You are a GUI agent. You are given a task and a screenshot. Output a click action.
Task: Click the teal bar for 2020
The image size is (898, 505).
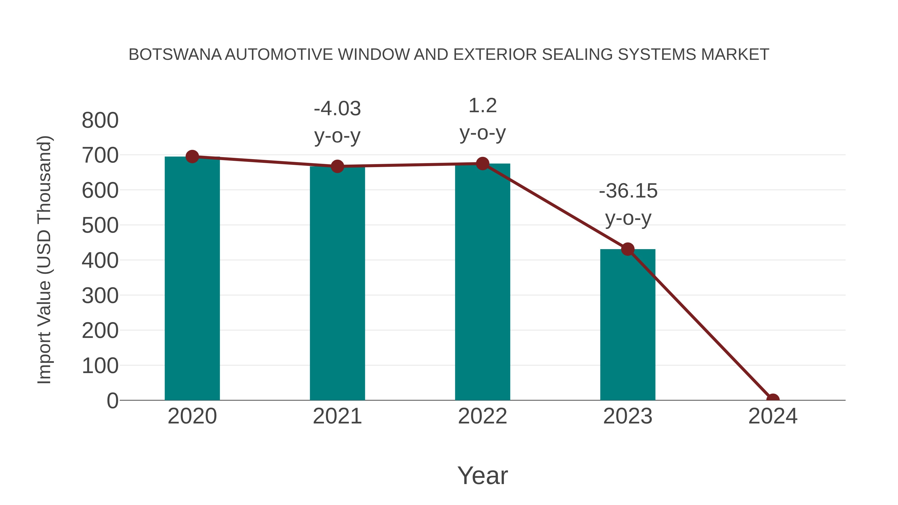tap(192, 279)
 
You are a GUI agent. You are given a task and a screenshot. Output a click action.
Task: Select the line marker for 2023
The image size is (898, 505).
tap(628, 249)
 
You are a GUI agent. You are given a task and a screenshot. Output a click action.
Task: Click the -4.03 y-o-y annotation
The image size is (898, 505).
tap(337, 122)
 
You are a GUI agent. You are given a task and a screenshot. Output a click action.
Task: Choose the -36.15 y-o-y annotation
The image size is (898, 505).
tap(628, 204)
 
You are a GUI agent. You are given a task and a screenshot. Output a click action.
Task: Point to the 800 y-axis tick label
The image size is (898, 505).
tap(100, 121)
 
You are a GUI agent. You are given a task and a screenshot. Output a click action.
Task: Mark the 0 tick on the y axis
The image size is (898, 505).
tap(112, 401)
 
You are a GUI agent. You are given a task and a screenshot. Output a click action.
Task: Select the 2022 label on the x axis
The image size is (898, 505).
tap(482, 416)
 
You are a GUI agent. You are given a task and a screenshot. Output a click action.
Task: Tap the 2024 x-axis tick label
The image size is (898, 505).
tap(773, 416)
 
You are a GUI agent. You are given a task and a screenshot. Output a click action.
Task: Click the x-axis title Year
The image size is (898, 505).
tap(482, 475)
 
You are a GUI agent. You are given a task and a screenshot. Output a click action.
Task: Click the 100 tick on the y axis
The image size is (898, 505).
tap(100, 366)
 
